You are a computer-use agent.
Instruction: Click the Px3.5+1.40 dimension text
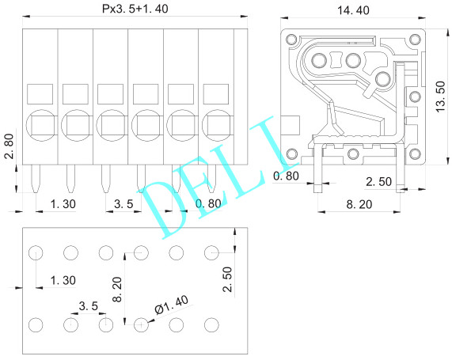(134, 9)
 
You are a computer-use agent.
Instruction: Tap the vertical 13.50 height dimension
(443, 97)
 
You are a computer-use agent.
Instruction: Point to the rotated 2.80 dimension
(8, 146)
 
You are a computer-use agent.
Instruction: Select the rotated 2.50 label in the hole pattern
(227, 280)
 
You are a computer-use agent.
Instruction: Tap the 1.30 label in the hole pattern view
(63, 280)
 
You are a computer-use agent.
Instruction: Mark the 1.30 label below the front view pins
(63, 204)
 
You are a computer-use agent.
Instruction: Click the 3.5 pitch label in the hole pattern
(88, 305)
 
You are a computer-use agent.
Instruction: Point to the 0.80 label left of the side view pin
(286, 175)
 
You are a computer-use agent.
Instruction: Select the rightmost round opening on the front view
(216, 123)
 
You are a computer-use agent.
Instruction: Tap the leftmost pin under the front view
(35, 179)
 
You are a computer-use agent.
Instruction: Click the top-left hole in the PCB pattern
(35, 253)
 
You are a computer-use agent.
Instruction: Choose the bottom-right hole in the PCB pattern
(211, 324)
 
